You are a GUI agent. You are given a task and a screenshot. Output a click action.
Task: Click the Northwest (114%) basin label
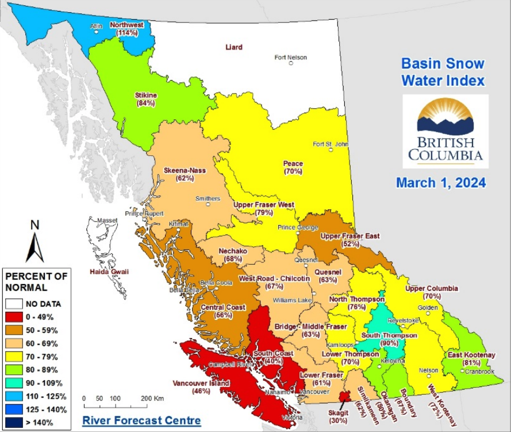[126, 29]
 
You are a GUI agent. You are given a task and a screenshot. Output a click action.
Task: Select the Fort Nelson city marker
[291, 63]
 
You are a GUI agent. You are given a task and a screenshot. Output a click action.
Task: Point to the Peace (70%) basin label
[293, 167]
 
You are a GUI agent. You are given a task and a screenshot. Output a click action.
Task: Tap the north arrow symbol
[34, 242]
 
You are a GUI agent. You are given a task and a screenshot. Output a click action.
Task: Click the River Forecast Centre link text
[141, 420]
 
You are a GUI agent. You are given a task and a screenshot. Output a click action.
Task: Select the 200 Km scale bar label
[152, 398]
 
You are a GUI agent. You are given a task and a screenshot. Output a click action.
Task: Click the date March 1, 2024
[441, 183]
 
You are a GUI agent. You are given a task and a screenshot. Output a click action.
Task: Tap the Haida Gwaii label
[109, 271]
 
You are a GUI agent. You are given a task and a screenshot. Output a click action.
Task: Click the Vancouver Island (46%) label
[201, 387]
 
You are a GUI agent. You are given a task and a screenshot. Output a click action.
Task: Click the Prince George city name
[298, 227]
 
